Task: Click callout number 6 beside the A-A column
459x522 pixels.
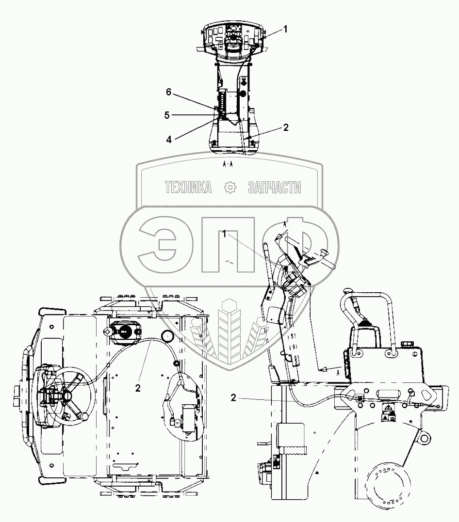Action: [169, 92]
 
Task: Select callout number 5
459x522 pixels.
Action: [167, 115]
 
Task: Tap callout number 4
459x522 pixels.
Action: [169, 140]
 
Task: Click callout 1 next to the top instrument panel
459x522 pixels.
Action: [285, 29]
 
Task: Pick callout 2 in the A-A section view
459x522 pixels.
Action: [286, 127]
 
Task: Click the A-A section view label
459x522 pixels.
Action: [228, 164]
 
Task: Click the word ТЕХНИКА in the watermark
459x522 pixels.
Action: [188, 188]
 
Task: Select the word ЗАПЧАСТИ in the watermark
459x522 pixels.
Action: [274, 188]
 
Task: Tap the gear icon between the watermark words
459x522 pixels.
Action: [230, 188]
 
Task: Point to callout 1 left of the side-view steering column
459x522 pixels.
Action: [224, 235]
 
